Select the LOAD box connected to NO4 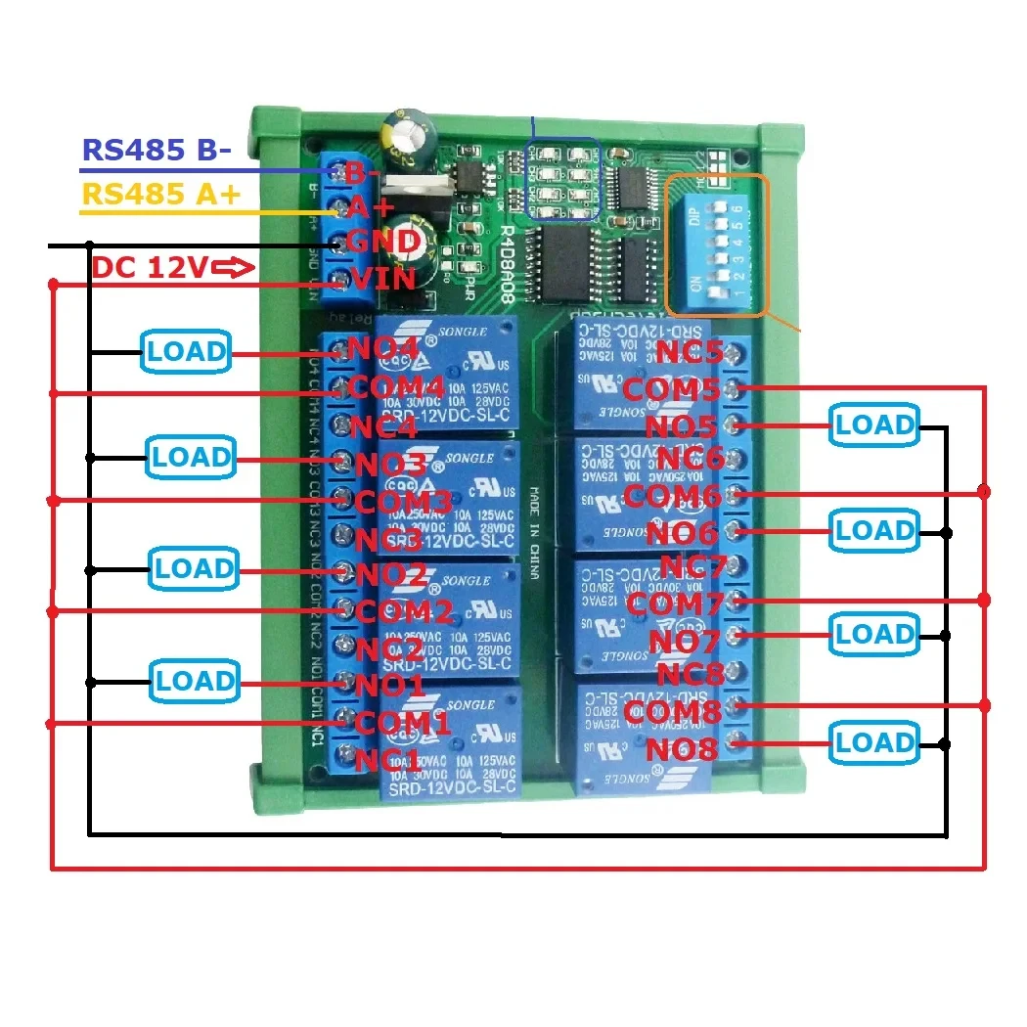(186, 351)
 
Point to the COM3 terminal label (402, 503)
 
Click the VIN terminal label (383, 280)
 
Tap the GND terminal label (383, 241)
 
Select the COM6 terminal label (672, 496)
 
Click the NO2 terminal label (391, 574)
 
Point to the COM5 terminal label (672, 389)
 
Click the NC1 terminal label (388, 760)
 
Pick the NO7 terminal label (684, 641)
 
